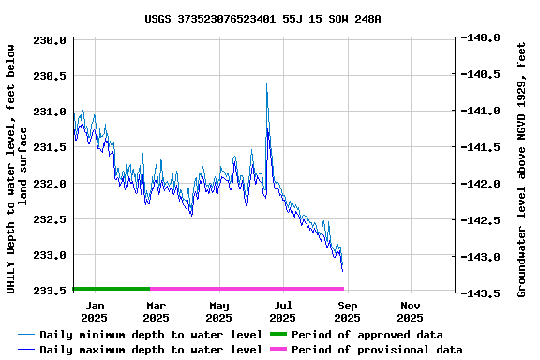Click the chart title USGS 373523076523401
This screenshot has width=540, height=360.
pyautogui.click(x=262, y=18)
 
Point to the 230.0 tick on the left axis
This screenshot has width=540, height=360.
pyautogui.click(x=49, y=40)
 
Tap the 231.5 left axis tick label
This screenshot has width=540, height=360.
pyautogui.click(x=49, y=147)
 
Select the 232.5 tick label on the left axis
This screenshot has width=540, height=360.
pyautogui.click(x=49, y=219)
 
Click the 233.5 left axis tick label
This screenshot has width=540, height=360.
pyautogui.click(x=49, y=291)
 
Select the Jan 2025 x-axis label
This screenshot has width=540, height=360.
pyautogui.click(x=94, y=311)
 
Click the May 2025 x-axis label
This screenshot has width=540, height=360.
pyautogui.click(x=219, y=311)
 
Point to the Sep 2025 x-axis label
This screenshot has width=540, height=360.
pyautogui.click(x=347, y=311)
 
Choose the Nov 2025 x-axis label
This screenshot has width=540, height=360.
pyautogui.click(x=411, y=311)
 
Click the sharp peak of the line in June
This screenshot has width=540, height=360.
pyautogui.click(x=266, y=85)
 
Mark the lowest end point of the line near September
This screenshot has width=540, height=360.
pyautogui.click(x=342, y=270)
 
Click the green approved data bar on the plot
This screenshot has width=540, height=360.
pyautogui.click(x=111, y=289)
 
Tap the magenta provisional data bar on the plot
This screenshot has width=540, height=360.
pyautogui.click(x=247, y=289)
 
